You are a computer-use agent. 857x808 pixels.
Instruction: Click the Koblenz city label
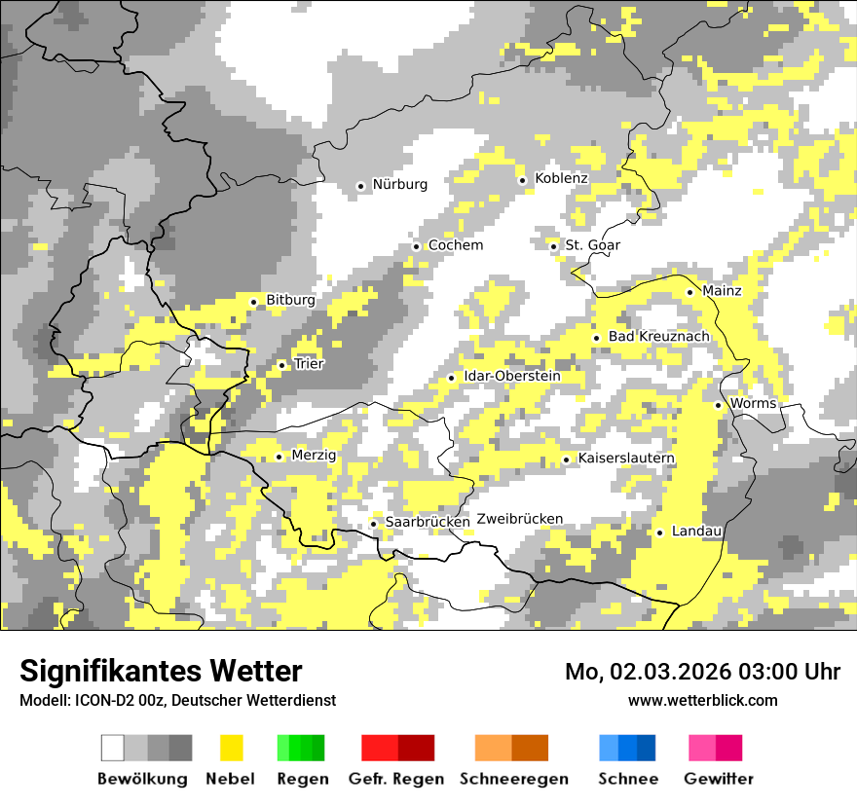[x=561, y=178]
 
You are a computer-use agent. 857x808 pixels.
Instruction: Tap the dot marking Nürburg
[x=360, y=185]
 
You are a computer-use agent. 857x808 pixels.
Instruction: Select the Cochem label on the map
[x=455, y=245]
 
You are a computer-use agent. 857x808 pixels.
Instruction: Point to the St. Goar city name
[x=592, y=245]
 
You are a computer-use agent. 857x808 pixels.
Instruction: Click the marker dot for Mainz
[x=689, y=292]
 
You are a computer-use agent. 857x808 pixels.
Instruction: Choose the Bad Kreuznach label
[x=658, y=337]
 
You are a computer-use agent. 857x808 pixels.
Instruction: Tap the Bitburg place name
[x=290, y=301]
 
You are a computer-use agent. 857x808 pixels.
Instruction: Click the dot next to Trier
[x=281, y=366]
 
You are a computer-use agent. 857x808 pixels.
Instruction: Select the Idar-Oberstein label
[x=512, y=377]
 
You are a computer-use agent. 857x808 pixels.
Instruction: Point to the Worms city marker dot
[x=718, y=405]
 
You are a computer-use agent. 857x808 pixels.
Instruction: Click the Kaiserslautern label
[x=625, y=459]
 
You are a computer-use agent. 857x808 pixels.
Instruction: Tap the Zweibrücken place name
[x=520, y=519]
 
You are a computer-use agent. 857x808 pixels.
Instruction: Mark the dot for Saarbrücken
[x=373, y=524]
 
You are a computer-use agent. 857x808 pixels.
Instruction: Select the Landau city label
[x=696, y=532]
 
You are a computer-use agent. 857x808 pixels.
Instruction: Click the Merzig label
[x=314, y=456]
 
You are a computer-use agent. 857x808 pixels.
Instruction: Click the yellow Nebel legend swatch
[x=231, y=748]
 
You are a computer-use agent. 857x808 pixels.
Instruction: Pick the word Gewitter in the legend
[x=718, y=779]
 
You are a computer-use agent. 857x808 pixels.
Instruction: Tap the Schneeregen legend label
[x=513, y=779]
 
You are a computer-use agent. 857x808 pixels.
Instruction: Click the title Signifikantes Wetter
[x=161, y=672]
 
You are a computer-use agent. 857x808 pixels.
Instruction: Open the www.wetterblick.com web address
[x=702, y=700]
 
